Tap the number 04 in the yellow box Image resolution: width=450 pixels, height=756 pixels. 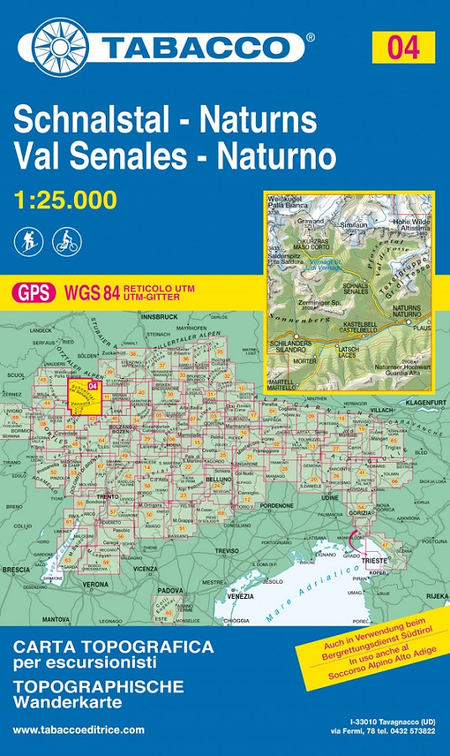(403, 47)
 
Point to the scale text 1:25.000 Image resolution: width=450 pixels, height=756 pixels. (65, 200)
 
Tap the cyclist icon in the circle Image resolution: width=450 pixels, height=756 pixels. (65, 242)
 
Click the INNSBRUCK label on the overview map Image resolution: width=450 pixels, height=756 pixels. (158, 318)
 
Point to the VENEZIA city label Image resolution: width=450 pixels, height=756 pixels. (240, 596)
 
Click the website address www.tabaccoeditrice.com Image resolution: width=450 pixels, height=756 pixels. (78, 730)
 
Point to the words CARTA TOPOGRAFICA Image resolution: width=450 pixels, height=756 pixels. (113, 648)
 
